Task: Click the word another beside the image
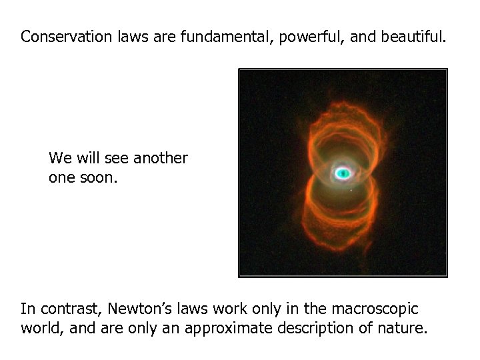[161, 159]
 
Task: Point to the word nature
[403, 329]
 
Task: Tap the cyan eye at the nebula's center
[343, 173]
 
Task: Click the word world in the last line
[39, 329]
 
